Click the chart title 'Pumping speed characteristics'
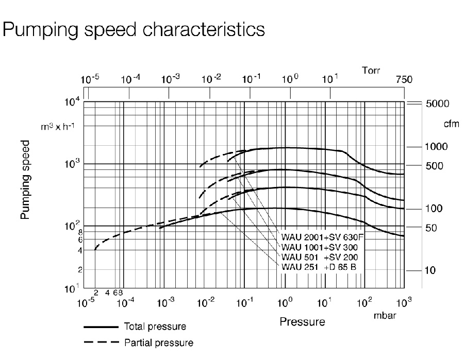pyautogui.click(x=134, y=29)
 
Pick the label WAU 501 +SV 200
pyautogui.click(x=320, y=257)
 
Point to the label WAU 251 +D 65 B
pyautogui.click(x=320, y=266)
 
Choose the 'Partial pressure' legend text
pyautogui.click(x=158, y=342)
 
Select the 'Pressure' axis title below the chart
pyautogui.click(x=302, y=322)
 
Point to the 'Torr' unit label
pyautogui.click(x=371, y=71)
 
